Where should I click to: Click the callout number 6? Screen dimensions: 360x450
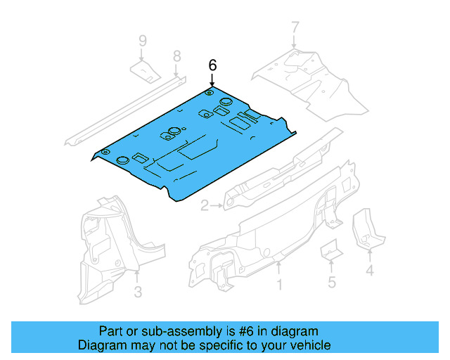212,65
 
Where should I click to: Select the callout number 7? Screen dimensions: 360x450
295,29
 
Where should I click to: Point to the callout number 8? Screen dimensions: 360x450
176,56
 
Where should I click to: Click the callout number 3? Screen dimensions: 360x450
138,292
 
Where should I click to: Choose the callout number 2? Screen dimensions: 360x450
205,206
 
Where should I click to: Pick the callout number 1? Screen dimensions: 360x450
279,285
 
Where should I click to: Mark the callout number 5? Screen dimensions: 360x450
331,283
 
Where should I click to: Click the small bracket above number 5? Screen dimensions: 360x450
330,250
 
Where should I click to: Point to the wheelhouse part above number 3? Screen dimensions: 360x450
105,246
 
